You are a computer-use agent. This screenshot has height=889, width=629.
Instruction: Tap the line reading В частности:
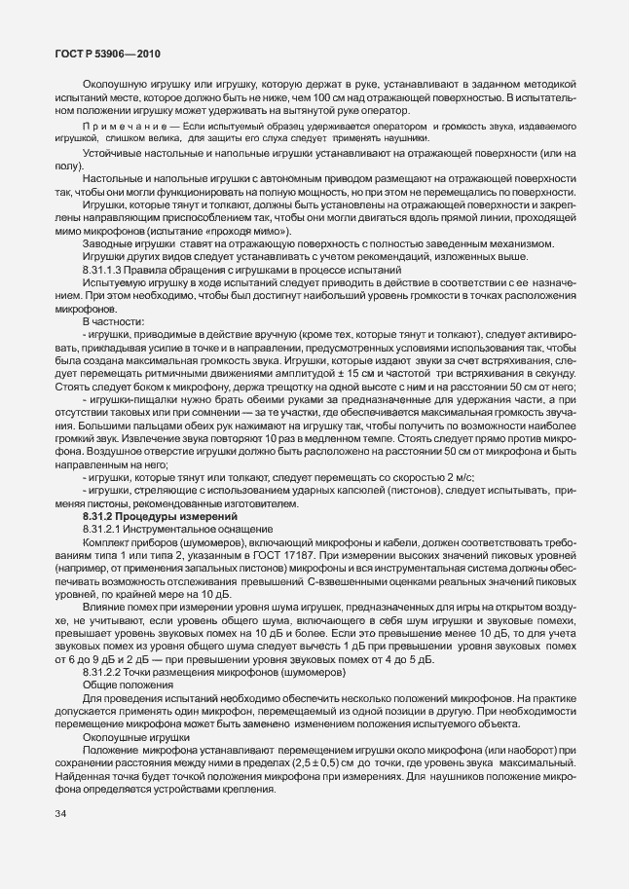114,317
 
